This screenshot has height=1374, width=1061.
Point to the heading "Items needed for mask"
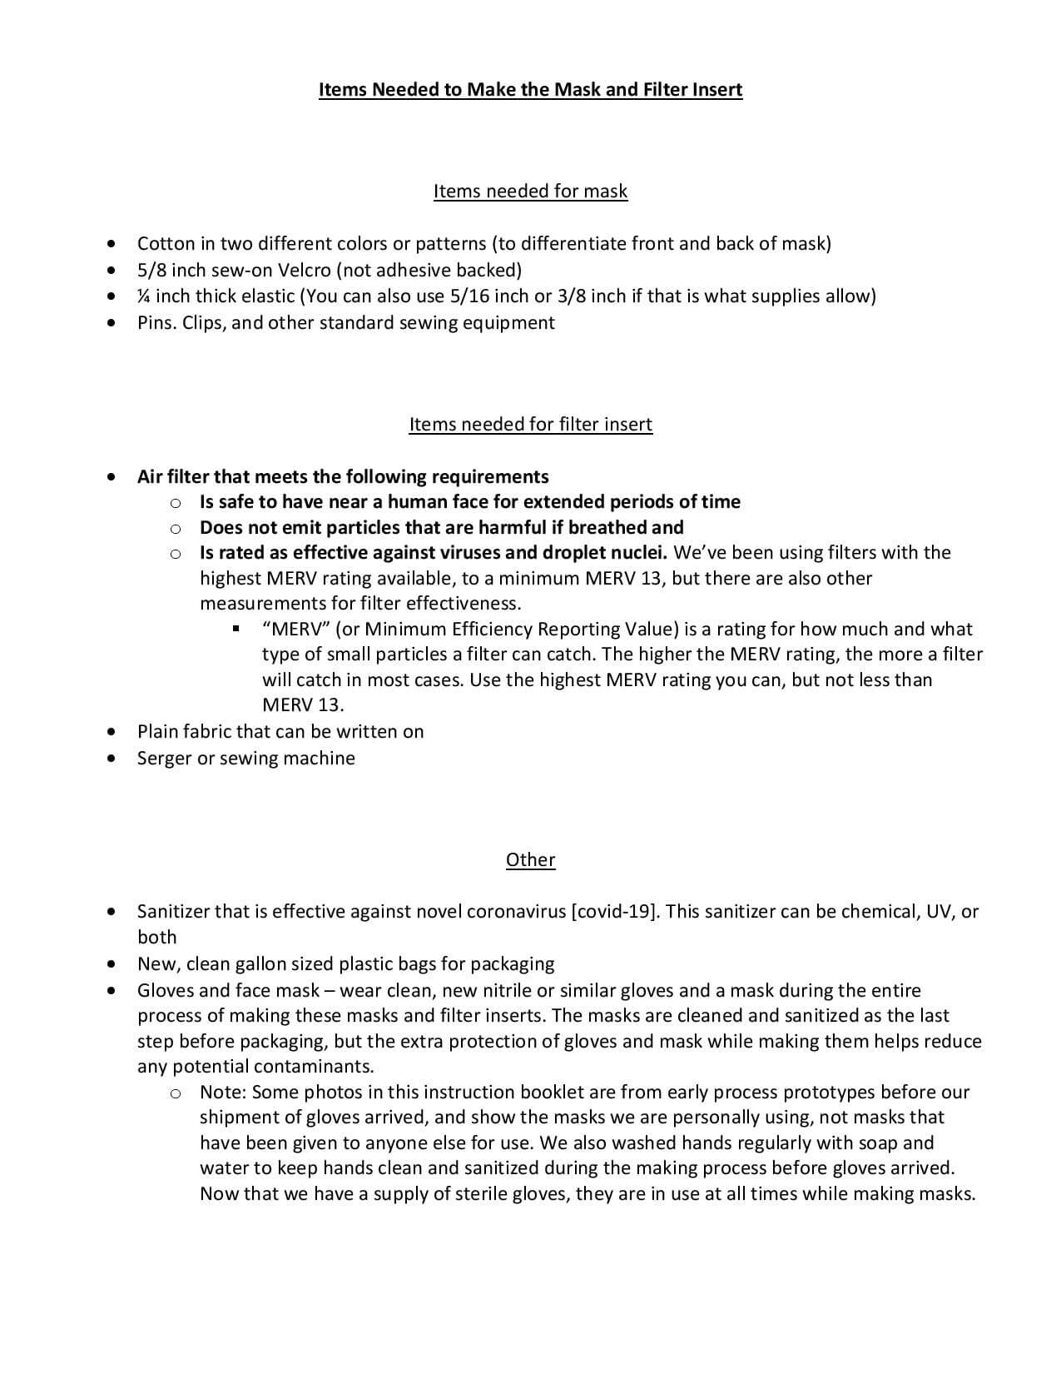coord(530,192)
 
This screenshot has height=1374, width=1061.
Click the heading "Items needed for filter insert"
coord(530,425)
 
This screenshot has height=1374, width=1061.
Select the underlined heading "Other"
coord(530,859)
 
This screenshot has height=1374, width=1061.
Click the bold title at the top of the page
coord(530,89)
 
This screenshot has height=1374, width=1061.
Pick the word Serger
coord(165,759)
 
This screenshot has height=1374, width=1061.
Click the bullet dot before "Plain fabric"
coord(112,733)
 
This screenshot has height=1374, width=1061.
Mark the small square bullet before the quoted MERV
coord(236,630)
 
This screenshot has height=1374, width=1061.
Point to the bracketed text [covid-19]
coord(615,912)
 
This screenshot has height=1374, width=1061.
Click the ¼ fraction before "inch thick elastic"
coord(144,296)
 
